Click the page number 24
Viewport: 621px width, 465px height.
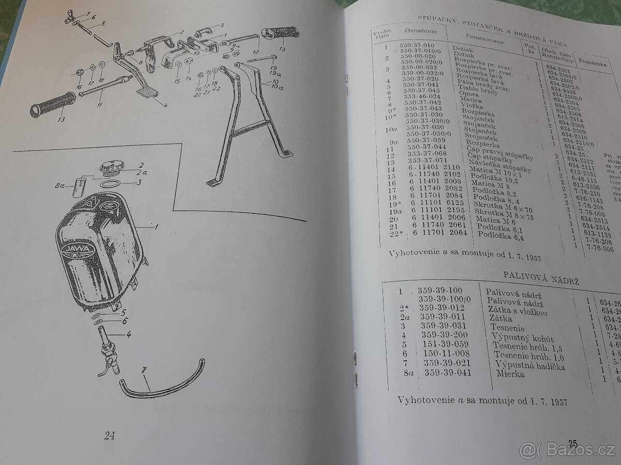[109, 436]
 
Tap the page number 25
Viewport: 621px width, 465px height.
[572, 443]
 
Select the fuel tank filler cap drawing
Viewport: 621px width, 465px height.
[111, 168]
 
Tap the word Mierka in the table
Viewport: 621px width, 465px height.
[495, 374]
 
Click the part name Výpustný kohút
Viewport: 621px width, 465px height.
[523, 338]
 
